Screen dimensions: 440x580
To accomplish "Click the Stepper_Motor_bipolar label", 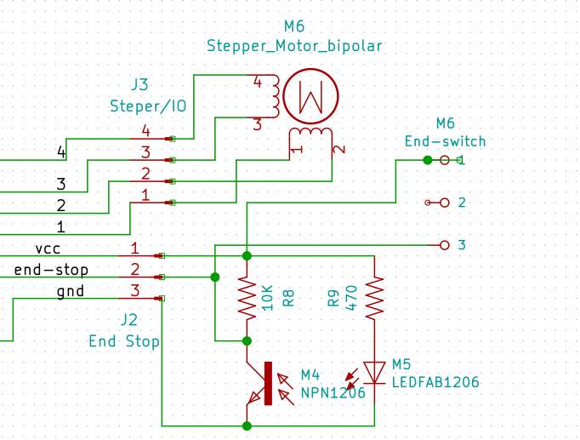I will point(294,45).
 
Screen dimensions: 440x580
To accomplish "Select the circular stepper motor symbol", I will point(310,95).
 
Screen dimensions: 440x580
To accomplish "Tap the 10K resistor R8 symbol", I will point(247,298).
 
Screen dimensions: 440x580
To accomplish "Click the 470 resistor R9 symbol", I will point(374,298).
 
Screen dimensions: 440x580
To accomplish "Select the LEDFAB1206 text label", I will point(435,383).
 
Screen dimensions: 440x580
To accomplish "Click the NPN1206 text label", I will point(333,392).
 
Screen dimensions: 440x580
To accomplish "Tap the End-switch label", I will point(445,141).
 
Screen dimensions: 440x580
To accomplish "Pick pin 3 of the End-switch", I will point(443,245).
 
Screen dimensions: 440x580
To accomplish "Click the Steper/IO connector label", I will point(148,106).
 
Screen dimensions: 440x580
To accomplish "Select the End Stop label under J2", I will point(124,341).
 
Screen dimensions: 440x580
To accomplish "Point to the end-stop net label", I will point(51,270).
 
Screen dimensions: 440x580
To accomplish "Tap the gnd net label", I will point(70,291).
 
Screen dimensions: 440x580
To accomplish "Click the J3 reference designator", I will point(139,85).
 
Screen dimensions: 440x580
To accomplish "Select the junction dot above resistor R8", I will point(247,255).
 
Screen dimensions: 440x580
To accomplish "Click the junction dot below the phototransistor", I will point(247,425).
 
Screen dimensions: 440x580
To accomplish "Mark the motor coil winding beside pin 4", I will point(275,95).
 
